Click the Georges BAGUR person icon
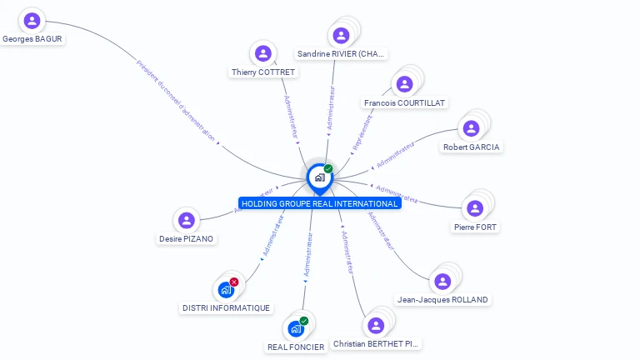(32, 20)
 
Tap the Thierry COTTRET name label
(263, 72)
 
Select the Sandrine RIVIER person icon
(340, 36)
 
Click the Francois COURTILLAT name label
(405, 102)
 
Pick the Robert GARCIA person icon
(471, 128)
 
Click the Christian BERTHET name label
(377, 343)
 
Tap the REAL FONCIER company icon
(295, 329)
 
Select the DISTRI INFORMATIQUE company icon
(225, 290)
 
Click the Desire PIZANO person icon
(187, 221)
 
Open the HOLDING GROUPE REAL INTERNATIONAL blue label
(319, 203)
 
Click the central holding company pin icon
(318, 177)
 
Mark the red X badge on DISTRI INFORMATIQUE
(234, 282)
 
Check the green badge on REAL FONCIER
(304, 321)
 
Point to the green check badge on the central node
(328, 168)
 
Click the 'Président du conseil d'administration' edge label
(175, 100)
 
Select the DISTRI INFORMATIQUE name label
(226, 308)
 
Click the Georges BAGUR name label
(32, 38)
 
